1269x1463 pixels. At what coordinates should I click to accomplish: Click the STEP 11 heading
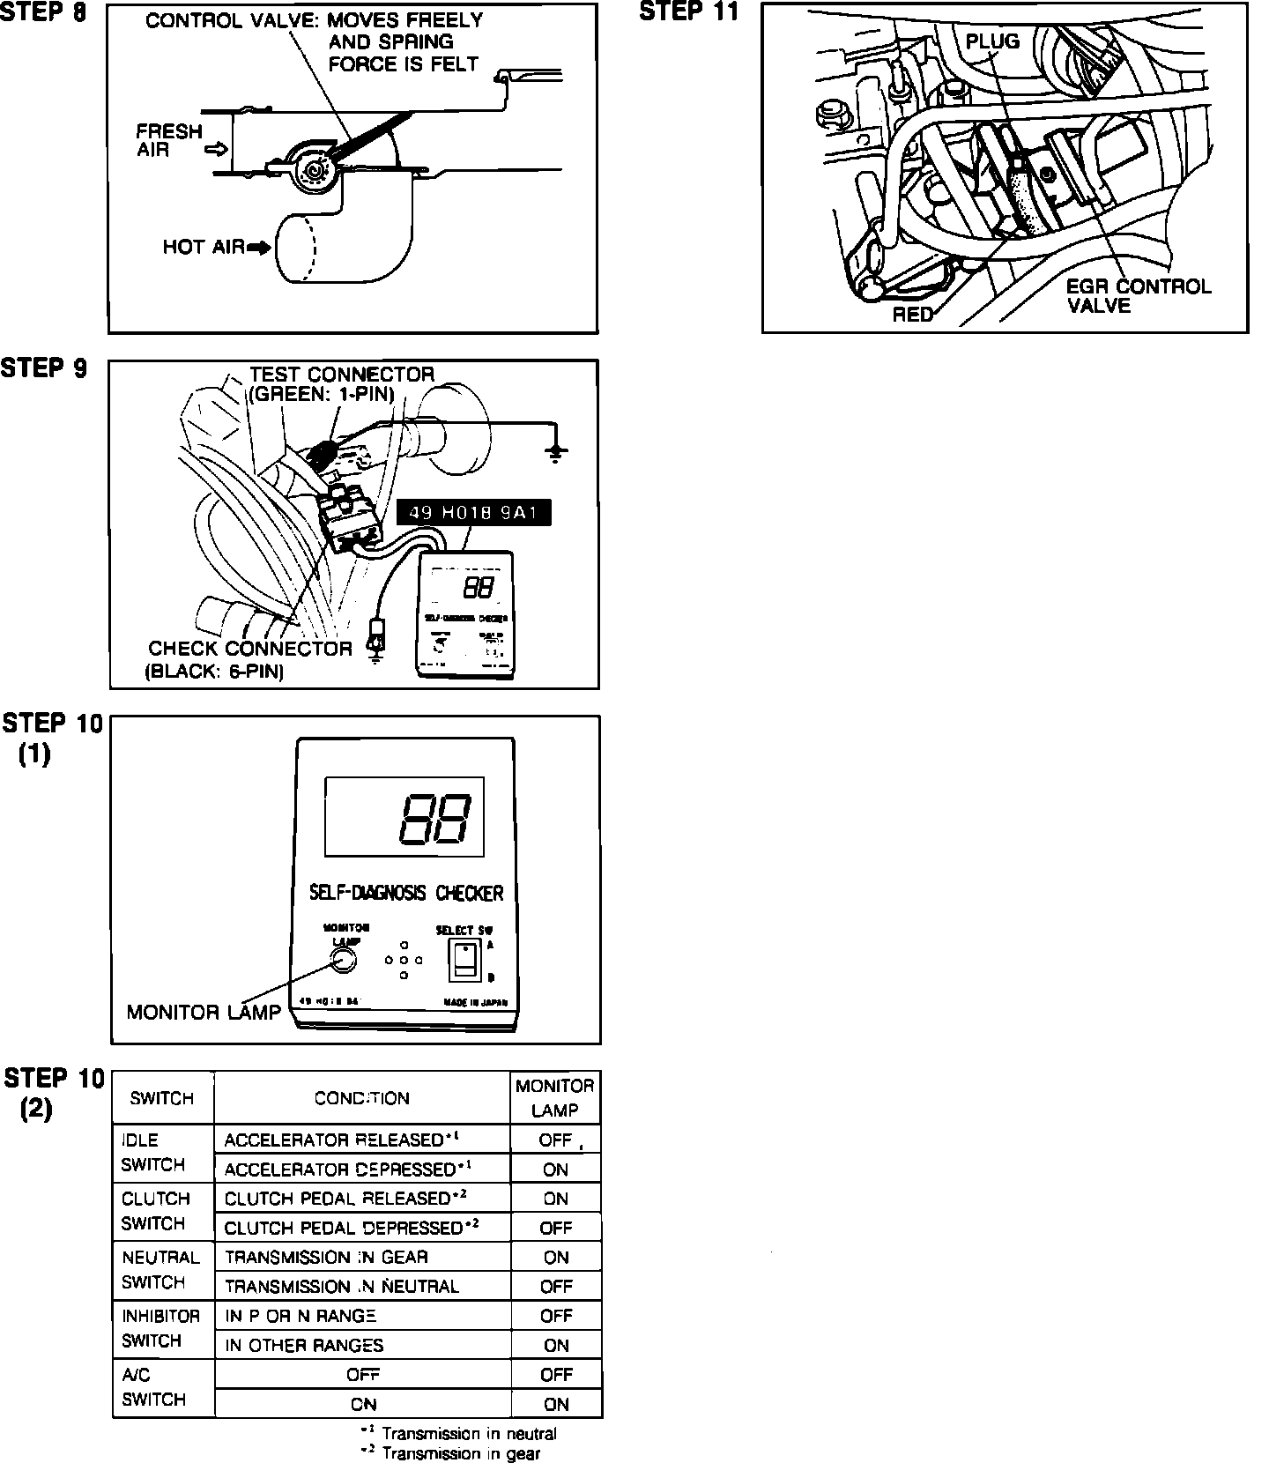[x=688, y=11]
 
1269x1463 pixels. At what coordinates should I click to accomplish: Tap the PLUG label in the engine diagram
[x=992, y=41]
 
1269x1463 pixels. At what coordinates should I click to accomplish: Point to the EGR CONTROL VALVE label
[x=1137, y=296]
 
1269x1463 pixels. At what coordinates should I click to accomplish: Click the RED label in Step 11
[x=912, y=315]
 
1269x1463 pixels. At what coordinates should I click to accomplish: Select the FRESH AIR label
[x=169, y=141]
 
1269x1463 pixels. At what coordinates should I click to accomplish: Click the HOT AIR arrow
[x=260, y=248]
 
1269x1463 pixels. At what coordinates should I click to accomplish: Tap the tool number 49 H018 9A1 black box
[x=474, y=512]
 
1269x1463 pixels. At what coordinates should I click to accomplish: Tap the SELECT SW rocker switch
[x=464, y=959]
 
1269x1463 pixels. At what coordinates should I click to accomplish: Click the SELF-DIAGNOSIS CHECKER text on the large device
[x=406, y=893]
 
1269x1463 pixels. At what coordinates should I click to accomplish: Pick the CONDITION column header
[x=361, y=1098]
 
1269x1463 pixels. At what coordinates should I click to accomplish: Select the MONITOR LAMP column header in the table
[x=555, y=1098]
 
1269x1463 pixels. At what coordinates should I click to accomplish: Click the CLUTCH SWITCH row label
[x=156, y=1211]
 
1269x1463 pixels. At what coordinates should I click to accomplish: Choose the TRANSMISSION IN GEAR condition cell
[x=326, y=1257]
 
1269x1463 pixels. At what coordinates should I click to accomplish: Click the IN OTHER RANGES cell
[x=304, y=1345]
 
